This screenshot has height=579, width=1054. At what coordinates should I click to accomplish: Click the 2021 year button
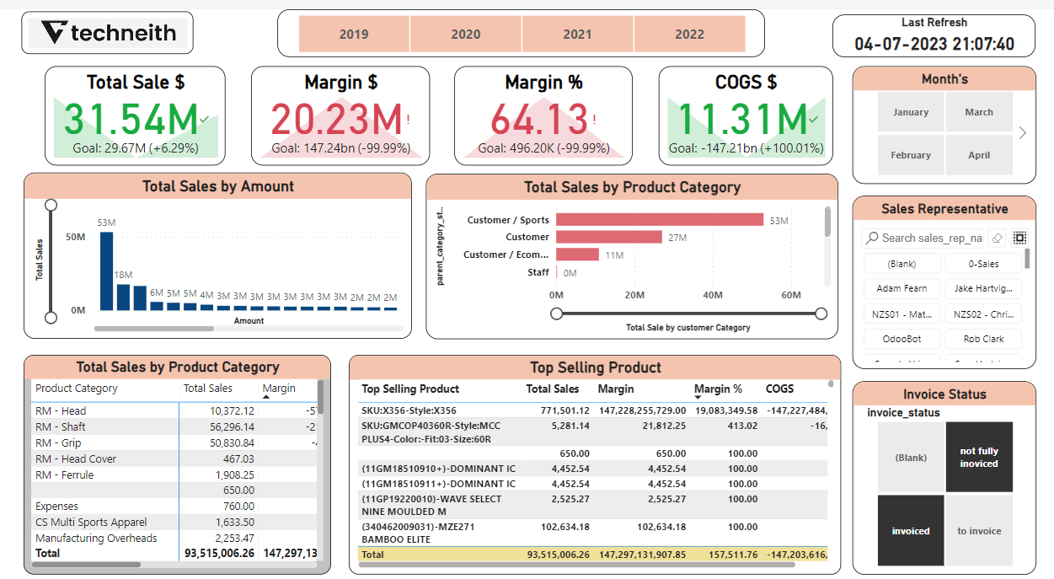pyautogui.click(x=577, y=35)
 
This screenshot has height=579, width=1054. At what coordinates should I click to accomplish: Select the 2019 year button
pyautogui.click(x=354, y=35)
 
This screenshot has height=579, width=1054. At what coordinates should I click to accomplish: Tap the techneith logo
pyautogui.click(x=108, y=33)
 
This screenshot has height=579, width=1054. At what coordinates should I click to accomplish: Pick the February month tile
pyautogui.click(x=911, y=155)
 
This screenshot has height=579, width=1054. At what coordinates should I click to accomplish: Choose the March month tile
pyautogui.click(x=979, y=112)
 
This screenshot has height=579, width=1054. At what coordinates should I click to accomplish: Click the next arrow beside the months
pyautogui.click(x=1023, y=132)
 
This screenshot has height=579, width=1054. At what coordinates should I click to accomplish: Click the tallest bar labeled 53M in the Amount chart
pyautogui.click(x=106, y=271)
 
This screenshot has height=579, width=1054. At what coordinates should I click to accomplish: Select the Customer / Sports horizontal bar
pyautogui.click(x=659, y=220)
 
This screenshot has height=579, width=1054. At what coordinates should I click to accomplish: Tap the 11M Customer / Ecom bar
pyautogui.click(x=577, y=255)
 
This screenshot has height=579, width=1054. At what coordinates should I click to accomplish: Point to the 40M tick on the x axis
pyautogui.click(x=713, y=295)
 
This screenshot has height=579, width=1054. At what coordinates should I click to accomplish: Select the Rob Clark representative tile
pyautogui.click(x=982, y=339)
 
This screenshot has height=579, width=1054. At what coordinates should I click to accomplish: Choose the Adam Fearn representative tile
pyautogui.click(x=902, y=288)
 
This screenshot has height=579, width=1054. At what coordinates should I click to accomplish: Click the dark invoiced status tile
pyautogui.click(x=911, y=531)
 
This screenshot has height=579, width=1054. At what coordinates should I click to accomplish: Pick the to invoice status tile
pyautogui.click(x=979, y=531)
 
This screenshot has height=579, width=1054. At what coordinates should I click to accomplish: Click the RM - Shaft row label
pyautogui.click(x=61, y=426)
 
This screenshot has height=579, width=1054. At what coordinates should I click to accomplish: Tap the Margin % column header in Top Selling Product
pyautogui.click(x=719, y=389)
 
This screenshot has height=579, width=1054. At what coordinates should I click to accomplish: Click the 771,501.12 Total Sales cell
pyautogui.click(x=558, y=410)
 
